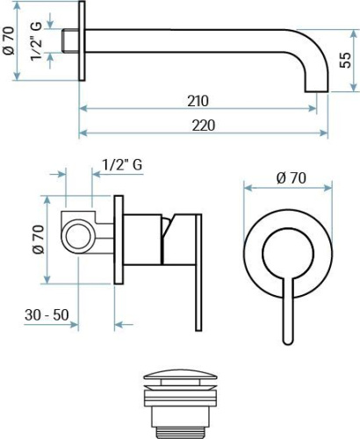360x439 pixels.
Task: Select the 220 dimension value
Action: point(203,126)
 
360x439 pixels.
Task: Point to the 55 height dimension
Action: point(346,60)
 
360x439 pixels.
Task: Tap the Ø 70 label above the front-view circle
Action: point(290,177)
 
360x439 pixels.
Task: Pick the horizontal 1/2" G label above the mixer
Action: point(123,165)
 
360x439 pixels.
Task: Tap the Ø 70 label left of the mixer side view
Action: point(37,238)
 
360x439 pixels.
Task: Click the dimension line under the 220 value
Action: point(203,135)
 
